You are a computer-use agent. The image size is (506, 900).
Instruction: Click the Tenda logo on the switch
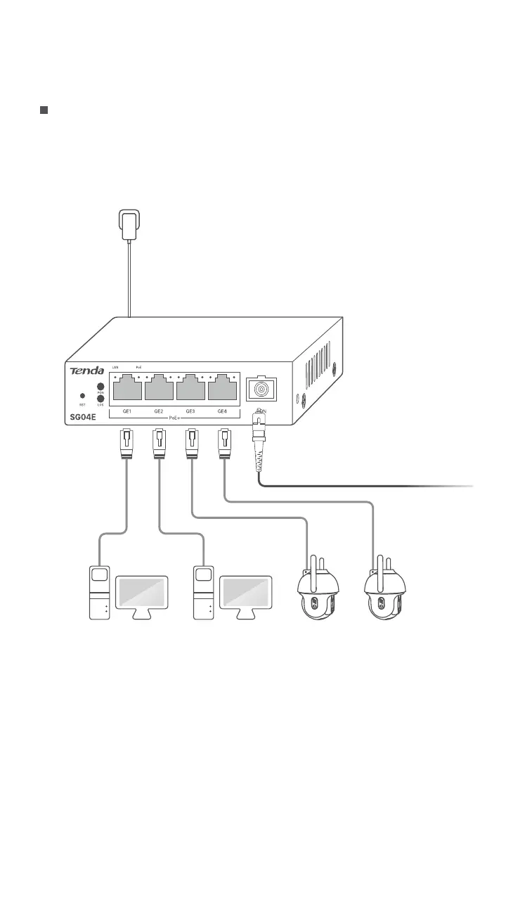[x=86, y=371]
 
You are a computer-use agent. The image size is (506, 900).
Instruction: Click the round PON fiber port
[x=260, y=389]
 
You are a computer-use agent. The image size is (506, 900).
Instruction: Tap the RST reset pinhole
[x=83, y=397]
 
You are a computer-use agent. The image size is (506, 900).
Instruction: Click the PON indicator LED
[x=100, y=387]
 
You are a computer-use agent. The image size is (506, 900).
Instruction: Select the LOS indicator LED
[x=100, y=399]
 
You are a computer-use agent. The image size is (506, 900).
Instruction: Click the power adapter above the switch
[x=128, y=226]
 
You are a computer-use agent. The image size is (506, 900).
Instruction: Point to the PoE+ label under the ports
[x=174, y=418]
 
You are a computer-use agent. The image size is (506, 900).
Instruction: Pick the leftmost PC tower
[x=100, y=592]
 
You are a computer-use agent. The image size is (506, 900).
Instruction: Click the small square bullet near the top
[x=43, y=110]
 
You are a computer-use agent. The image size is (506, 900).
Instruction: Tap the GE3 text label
[x=190, y=411]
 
